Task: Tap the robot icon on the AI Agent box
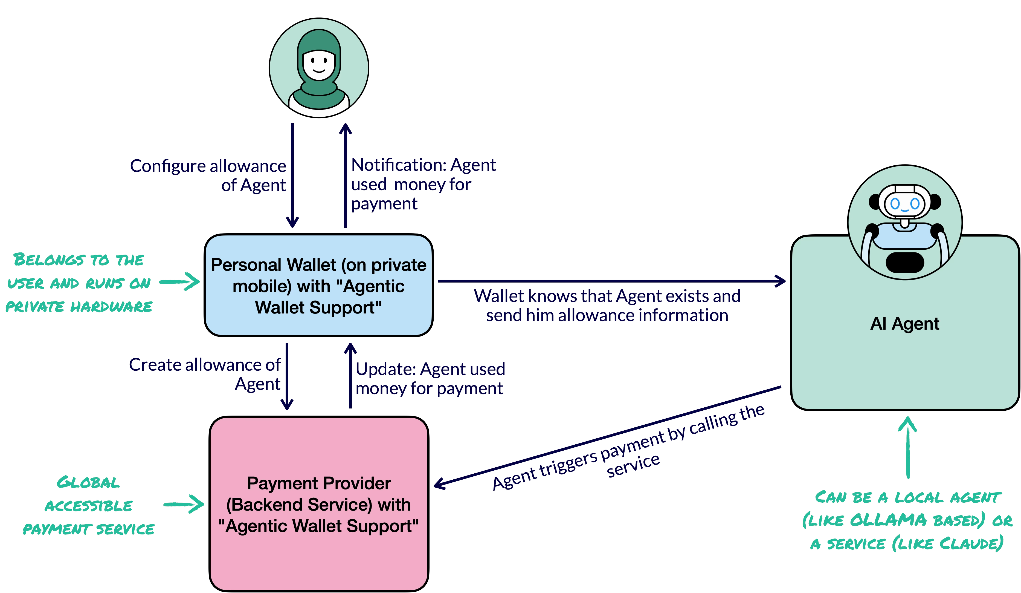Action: [905, 222]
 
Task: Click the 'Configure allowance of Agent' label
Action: [208, 175]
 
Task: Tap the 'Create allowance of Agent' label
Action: [205, 374]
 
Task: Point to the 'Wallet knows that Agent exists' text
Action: [607, 305]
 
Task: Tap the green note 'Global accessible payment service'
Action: [88, 505]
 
